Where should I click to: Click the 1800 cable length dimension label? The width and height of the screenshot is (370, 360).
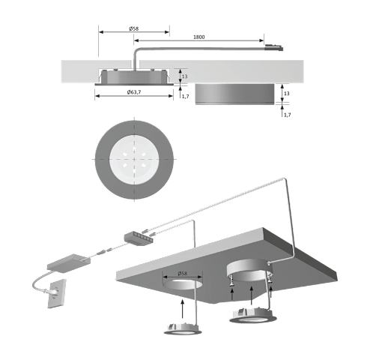click(x=199, y=37)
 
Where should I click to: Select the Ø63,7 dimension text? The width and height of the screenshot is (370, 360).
click(x=134, y=92)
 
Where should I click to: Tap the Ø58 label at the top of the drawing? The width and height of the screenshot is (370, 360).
click(x=134, y=28)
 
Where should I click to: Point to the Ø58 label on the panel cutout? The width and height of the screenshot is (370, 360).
click(x=182, y=274)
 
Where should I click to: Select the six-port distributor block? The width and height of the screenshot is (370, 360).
click(x=139, y=238)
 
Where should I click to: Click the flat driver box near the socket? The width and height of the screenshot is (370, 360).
click(x=69, y=263)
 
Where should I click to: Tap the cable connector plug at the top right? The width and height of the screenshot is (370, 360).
click(x=273, y=47)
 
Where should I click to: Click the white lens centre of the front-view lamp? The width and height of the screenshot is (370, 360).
click(x=134, y=160)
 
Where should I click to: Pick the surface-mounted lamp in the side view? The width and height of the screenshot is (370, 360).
click(x=234, y=94)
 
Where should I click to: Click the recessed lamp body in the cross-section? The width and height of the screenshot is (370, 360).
click(x=134, y=76)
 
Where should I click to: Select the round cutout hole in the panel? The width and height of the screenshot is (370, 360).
click(x=182, y=284)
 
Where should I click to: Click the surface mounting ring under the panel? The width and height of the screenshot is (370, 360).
click(x=249, y=271)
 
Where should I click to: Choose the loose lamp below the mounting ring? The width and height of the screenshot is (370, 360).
click(x=252, y=316)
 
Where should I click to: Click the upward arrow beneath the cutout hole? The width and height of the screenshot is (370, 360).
click(x=183, y=309)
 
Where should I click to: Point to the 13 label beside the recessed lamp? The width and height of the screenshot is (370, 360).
click(x=184, y=76)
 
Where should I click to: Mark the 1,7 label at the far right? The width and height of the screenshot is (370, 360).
click(x=288, y=115)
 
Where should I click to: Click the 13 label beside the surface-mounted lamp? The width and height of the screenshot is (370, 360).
click(x=287, y=93)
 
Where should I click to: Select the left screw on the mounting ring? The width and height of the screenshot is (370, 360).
click(x=231, y=280)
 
